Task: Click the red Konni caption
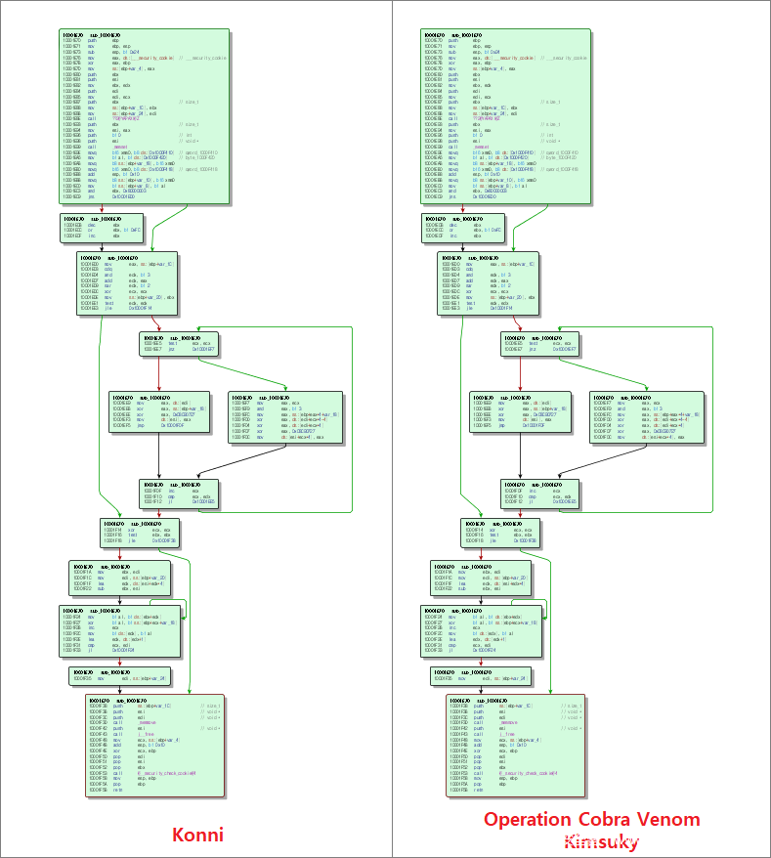pyautogui.click(x=197, y=835)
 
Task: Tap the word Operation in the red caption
pyautogui.click(x=533, y=819)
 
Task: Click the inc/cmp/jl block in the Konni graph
pyautogui.click(x=178, y=491)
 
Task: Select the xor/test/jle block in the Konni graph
pyautogui.click(x=139, y=531)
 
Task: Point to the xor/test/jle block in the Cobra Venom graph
pyautogui.click(x=500, y=531)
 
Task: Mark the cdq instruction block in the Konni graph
pyautogui.click(x=127, y=284)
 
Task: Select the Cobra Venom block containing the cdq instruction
pyautogui.click(x=489, y=284)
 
